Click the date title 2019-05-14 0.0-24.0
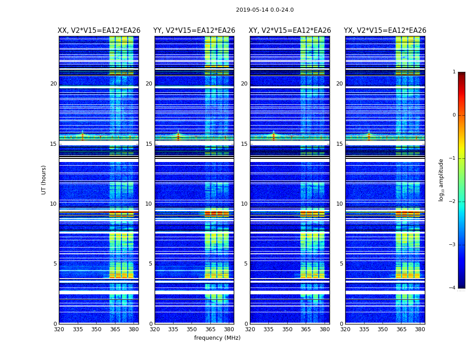coord(265,10)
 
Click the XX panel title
coord(99,31)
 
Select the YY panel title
coord(194,31)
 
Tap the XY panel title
coord(290,31)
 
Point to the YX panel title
coord(385,31)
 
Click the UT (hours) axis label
coord(44,180)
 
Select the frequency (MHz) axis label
coord(217,338)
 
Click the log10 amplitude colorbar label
coord(441,180)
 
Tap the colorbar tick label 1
coord(454,72)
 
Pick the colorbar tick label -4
coord(453,288)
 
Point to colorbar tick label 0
coord(454,115)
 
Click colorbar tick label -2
coord(453,202)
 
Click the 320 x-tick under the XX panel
coord(59,329)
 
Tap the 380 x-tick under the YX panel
coord(420,329)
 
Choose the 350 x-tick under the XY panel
coord(287,329)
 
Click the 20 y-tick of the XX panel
coord(54,84)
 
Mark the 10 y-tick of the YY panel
coord(149,204)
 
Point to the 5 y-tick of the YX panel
coord(341,264)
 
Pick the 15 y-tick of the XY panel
coord(244,144)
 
